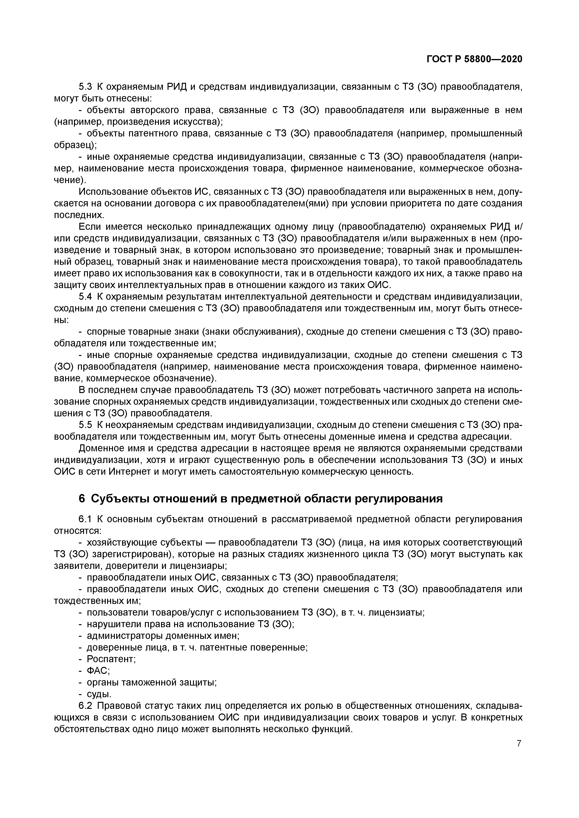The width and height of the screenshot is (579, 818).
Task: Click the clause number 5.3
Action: pyautogui.click(x=85, y=87)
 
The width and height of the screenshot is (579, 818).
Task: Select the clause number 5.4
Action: pyautogui.click(x=85, y=296)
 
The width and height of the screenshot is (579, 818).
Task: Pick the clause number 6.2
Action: pyautogui.click(x=85, y=706)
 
